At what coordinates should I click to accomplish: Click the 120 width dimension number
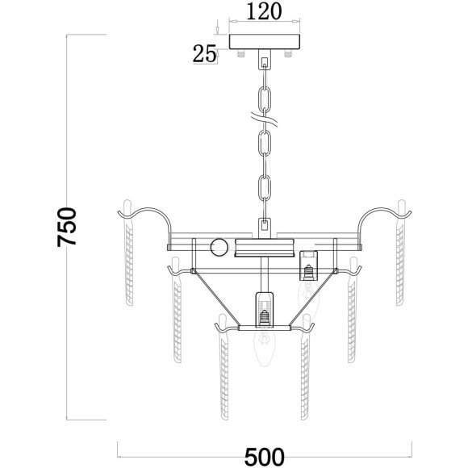pyautogui.click(x=264, y=12)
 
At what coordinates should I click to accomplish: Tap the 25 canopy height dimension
pyautogui.click(x=204, y=54)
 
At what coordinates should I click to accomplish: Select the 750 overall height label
pyautogui.click(x=67, y=227)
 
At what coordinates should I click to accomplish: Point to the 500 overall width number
pyautogui.click(x=265, y=458)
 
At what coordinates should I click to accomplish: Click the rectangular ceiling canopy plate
pyautogui.click(x=265, y=42)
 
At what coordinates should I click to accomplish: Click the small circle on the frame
pyautogui.click(x=219, y=248)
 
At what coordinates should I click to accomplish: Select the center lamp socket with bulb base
pyautogui.click(x=264, y=309)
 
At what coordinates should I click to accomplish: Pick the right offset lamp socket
pyautogui.click(x=308, y=265)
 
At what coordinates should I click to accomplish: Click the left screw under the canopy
pyautogui.click(x=241, y=53)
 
